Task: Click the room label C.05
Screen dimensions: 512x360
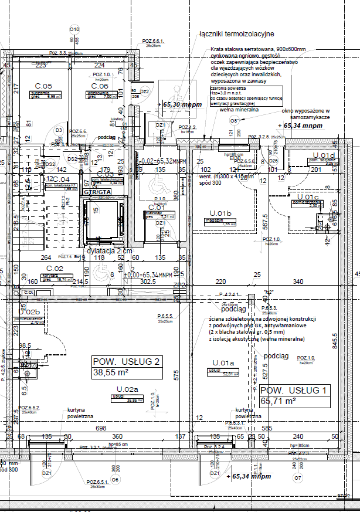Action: [40, 86]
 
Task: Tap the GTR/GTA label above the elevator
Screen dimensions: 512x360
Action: [97, 192]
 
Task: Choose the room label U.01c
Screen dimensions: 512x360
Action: [308, 197]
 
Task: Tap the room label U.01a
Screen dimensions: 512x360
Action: [223, 362]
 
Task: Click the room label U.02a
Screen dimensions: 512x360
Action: [127, 389]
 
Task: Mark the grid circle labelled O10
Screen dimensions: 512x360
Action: [74, 29]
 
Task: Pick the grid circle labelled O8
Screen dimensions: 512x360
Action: [235, 120]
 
